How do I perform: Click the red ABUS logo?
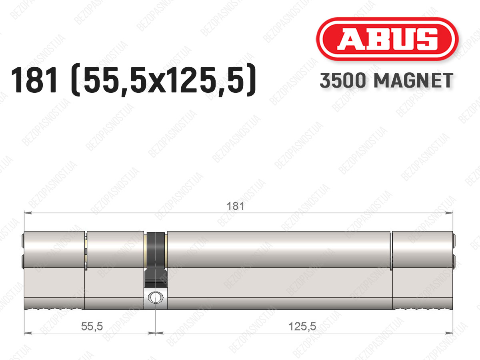coord(387,39)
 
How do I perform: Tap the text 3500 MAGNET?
coord(386,80)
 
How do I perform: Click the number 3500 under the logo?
coord(343,80)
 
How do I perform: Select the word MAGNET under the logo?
coord(414,80)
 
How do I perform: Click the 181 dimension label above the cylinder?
coord(235,206)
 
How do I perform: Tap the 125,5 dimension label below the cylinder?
coord(302,326)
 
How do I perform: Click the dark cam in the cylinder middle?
coord(156,260)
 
